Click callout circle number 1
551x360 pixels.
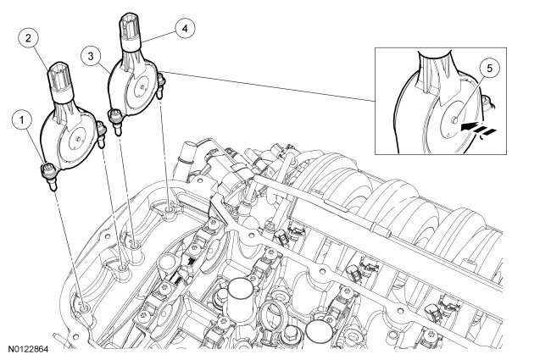coord(23,120)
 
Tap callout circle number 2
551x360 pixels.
coord(28,38)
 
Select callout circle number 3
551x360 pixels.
coord(91,56)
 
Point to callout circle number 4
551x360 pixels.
coord(185,29)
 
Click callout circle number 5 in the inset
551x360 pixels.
coord(489,68)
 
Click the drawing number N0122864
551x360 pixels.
coord(28,350)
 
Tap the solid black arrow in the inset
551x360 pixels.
coord(469,126)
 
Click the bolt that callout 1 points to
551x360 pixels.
coord(48,176)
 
